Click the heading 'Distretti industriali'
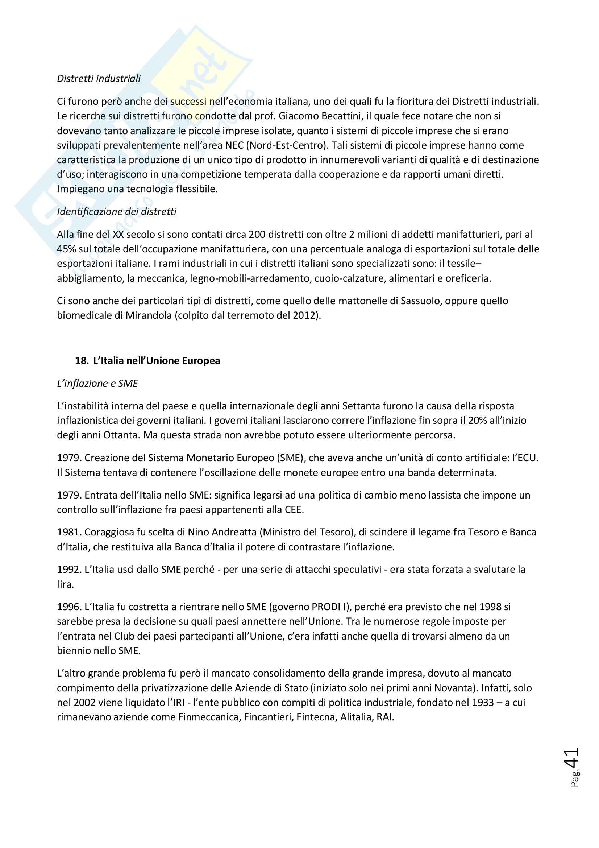point(99,78)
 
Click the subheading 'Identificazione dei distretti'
point(116,212)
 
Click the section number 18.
point(82,360)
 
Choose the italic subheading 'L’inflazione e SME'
point(97,383)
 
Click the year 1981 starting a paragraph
point(69,532)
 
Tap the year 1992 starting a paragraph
point(69,570)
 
